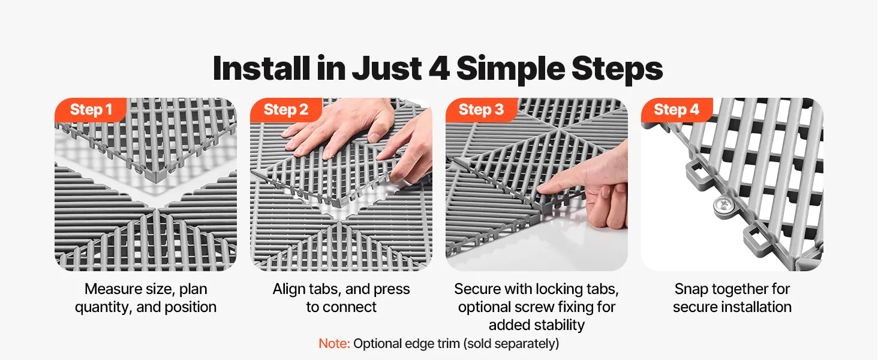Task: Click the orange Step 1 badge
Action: click(x=91, y=110)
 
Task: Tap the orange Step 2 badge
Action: click(x=286, y=110)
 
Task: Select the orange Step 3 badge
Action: click(x=482, y=110)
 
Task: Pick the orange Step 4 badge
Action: click(x=676, y=110)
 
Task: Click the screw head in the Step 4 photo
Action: click(x=720, y=203)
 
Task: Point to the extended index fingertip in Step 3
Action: click(x=541, y=189)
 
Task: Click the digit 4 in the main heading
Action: click(x=440, y=68)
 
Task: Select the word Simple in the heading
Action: click(x=510, y=70)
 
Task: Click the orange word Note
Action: click(x=334, y=344)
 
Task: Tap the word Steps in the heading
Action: click(x=617, y=70)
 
